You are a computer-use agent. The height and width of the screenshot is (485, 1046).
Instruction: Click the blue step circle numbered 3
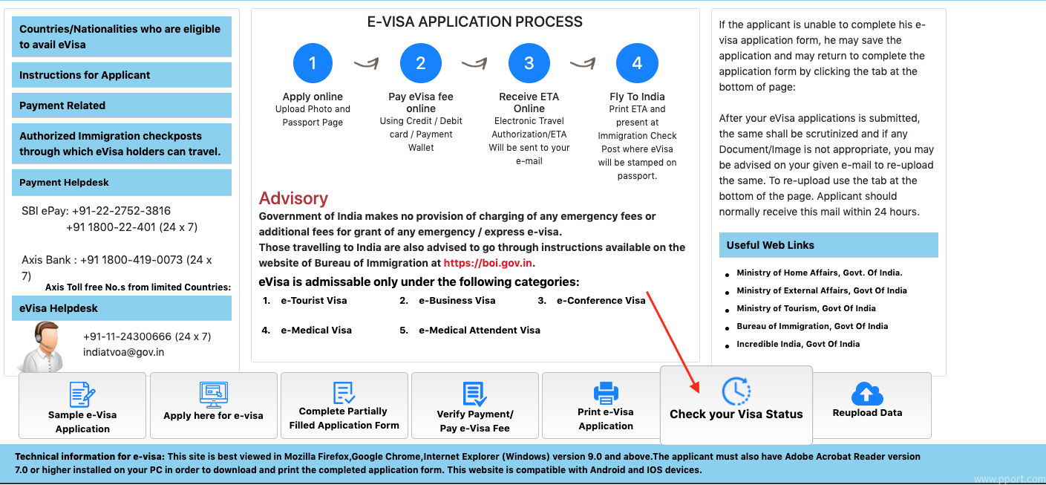[529, 63]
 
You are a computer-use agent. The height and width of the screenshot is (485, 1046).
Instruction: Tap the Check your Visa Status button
[736, 405]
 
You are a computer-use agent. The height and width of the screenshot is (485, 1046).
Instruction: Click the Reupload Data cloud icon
[866, 393]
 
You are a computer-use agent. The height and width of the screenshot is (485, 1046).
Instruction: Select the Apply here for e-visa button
[214, 405]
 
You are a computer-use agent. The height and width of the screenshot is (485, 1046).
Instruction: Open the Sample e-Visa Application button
[82, 406]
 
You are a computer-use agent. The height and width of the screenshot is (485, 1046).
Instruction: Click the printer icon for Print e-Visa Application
[606, 392]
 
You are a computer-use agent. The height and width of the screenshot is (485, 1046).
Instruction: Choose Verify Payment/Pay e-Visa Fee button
[475, 406]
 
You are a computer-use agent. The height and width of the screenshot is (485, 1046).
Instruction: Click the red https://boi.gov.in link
[488, 263]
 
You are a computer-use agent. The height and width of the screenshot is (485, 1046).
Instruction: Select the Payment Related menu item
[122, 105]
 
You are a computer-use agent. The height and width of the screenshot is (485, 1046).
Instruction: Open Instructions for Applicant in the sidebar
[122, 75]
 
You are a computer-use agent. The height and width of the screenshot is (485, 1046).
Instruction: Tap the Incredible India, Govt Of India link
[798, 344]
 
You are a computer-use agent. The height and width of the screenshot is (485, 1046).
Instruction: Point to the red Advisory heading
[293, 198]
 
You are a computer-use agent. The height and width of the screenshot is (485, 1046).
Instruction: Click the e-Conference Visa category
[601, 301]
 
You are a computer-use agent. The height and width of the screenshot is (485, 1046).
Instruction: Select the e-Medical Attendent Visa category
[479, 331]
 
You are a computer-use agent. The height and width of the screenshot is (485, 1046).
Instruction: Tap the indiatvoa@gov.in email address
[123, 353]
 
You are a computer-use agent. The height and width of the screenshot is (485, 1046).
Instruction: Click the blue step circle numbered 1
[313, 63]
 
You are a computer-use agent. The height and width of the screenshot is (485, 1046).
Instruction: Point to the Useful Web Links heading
[770, 245]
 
